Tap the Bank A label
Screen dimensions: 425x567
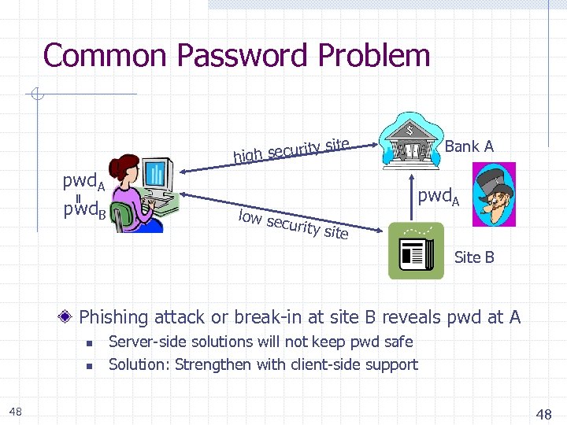[x=469, y=146]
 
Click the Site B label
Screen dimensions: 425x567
[x=474, y=257]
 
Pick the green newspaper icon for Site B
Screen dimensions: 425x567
[x=416, y=250]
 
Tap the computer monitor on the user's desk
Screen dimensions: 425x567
[x=158, y=174]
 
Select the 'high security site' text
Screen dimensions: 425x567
[x=291, y=148]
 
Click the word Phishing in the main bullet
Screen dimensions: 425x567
[x=113, y=317]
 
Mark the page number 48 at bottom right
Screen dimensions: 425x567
[x=543, y=414]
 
